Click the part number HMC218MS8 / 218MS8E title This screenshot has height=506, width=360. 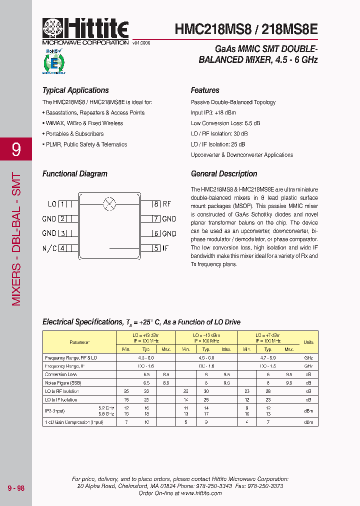tap(246, 29)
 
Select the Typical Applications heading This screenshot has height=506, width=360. tap(75, 90)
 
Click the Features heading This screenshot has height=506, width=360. tap(205, 90)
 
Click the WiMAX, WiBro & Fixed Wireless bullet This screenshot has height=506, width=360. tap(84, 123)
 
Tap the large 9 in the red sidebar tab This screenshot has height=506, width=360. tap(16, 149)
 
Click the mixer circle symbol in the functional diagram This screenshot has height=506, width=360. tap(109, 203)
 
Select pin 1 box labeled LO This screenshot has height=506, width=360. tap(63, 204)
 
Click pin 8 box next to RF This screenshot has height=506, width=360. tap(156, 204)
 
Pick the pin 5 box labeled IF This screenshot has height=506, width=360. tap(156, 247)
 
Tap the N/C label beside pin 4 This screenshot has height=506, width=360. tap(49, 248)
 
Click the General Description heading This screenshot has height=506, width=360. tap(224, 174)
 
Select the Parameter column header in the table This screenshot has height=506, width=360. tap(79, 342)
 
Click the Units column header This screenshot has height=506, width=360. tap(308, 342)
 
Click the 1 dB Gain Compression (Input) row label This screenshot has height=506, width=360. tap(74, 422)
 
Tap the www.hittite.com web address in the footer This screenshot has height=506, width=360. tap(201, 493)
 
